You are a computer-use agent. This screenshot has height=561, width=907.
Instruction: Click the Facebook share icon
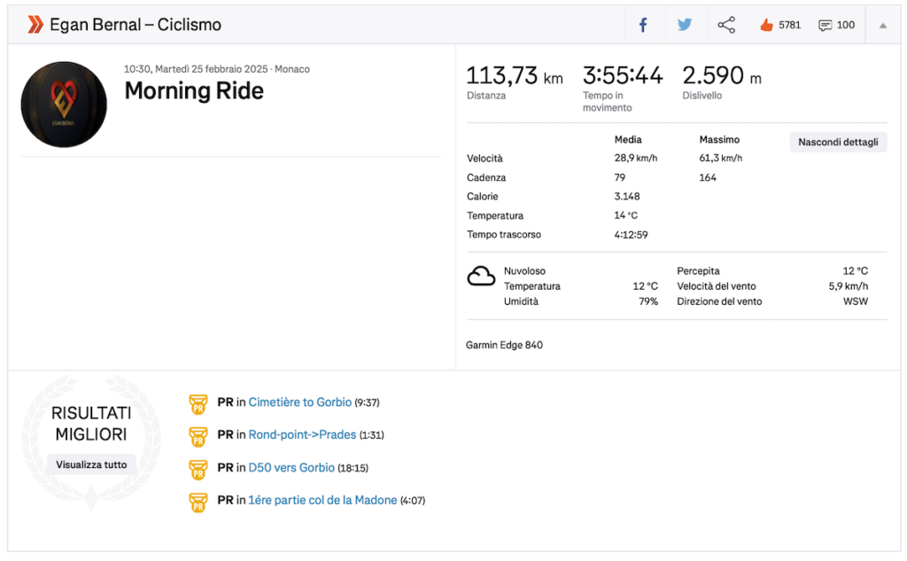click(643, 25)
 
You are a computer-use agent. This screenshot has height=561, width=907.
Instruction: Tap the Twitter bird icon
click(685, 24)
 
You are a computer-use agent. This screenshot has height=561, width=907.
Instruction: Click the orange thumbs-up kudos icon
click(766, 25)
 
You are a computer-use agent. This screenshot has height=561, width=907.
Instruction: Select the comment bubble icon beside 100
click(826, 25)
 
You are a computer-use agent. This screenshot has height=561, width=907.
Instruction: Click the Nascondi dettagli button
click(838, 142)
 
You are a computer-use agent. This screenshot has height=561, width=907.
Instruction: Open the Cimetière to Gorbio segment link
click(299, 401)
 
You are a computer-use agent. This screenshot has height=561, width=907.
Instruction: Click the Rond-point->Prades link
click(302, 434)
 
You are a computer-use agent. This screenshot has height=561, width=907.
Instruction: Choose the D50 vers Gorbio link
click(291, 467)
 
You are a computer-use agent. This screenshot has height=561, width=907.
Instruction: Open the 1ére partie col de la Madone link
click(322, 500)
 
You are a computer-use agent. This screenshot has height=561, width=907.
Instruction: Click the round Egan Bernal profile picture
click(64, 105)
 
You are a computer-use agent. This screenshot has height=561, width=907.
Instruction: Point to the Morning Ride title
click(194, 91)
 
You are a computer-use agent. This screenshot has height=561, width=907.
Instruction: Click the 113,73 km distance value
click(515, 76)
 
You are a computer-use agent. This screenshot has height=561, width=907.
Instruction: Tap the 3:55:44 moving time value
click(623, 76)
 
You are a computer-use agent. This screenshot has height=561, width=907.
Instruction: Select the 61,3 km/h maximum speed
click(720, 158)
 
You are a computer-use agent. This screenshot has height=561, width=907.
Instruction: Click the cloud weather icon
click(481, 277)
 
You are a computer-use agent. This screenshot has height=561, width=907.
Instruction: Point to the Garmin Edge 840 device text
click(504, 345)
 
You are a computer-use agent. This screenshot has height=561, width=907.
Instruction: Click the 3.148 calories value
click(627, 196)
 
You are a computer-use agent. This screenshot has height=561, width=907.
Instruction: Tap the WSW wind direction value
click(856, 301)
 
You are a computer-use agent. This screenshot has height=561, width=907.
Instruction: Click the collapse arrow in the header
click(883, 26)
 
